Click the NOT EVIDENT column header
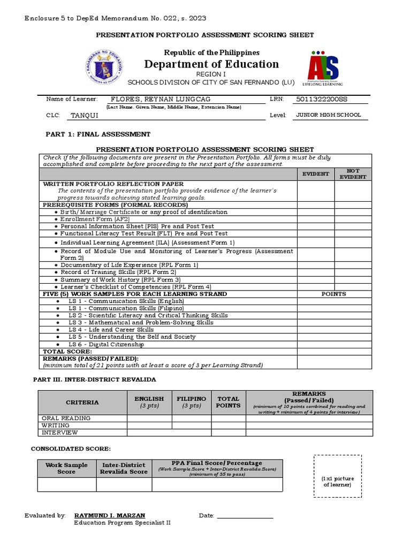point(353,174)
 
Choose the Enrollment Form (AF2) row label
point(95,219)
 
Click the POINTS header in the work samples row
point(333,294)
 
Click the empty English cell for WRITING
point(149,425)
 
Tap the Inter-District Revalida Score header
point(124,468)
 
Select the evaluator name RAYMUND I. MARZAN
point(110,515)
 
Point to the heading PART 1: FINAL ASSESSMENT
point(98,134)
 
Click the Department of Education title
point(211,64)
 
